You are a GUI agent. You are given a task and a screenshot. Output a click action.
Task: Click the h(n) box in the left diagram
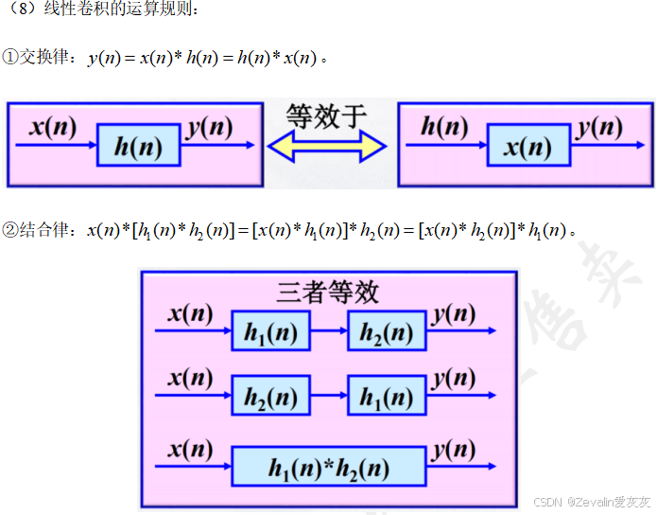point(138,146)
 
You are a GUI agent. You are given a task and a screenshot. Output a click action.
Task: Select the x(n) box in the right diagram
point(528,146)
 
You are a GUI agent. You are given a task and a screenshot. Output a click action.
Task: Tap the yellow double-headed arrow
point(328,147)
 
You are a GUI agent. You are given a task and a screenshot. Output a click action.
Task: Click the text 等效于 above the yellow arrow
point(326,116)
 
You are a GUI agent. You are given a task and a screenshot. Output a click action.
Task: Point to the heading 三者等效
point(327,292)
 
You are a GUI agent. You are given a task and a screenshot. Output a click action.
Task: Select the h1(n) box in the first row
point(269,331)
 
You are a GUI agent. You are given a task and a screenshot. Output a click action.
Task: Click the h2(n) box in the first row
point(386,331)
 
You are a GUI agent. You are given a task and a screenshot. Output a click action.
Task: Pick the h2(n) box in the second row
point(269,397)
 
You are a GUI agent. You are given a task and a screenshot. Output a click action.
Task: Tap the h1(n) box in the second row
point(386,397)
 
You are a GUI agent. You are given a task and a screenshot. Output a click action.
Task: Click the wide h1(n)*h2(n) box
point(328,467)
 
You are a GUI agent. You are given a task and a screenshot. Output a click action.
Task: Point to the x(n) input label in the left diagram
point(52,126)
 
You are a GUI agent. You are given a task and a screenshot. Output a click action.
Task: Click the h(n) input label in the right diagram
point(443,126)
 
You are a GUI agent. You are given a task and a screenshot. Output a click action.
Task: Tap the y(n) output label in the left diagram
point(210,127)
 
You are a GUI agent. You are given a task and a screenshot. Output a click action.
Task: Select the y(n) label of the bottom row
point(455,448)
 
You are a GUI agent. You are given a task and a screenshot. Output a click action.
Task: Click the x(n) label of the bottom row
point(190,448)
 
